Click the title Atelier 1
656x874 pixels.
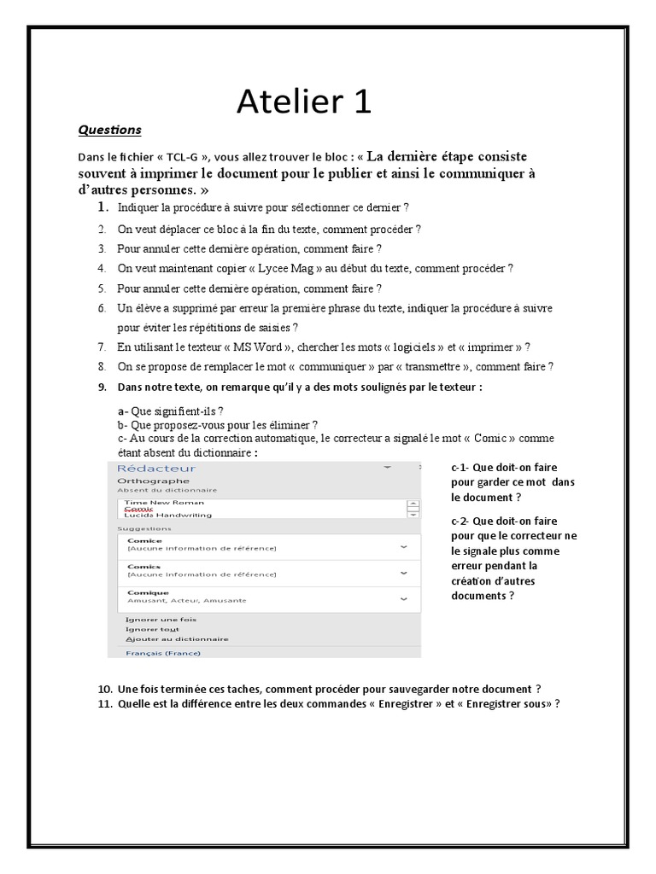pyautogui.click(x=304, y=102)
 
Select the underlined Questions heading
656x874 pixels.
pyautogui.click(x=109, y=131)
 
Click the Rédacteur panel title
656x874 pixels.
pyautogui.click(x=156, y=468)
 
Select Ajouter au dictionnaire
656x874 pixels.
pyautogui.click(x=177, y=638)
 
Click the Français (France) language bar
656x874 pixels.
pyautogui.click(x=163, y=653)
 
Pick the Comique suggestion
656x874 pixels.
pyautogui.click(x=149, y=591)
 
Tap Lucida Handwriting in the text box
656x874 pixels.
pyautogui.click(x=163, y=516)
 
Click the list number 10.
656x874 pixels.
pyautogui.click(x=105, y=689)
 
